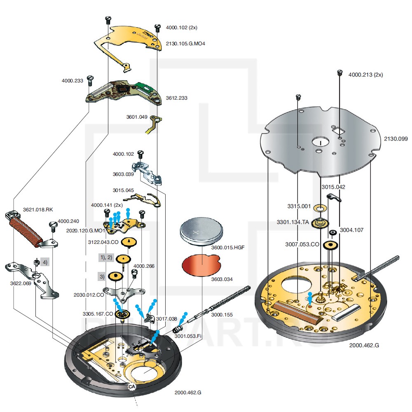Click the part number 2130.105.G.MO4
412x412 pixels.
(185, 43)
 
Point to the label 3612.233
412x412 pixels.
(176, 98)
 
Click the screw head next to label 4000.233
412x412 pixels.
(91, 78)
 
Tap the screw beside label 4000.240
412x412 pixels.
(53, 225)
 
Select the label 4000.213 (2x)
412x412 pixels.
(366, 75)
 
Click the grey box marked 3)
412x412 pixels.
(101, 276)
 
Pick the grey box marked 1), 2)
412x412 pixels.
(106, 257)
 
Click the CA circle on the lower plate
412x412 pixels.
(132, 387)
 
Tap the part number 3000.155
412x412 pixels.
(222, 314)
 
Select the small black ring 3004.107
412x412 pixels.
(332, 233)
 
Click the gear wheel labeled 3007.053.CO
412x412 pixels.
(329, 246)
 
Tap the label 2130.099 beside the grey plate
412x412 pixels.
(396, 139)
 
